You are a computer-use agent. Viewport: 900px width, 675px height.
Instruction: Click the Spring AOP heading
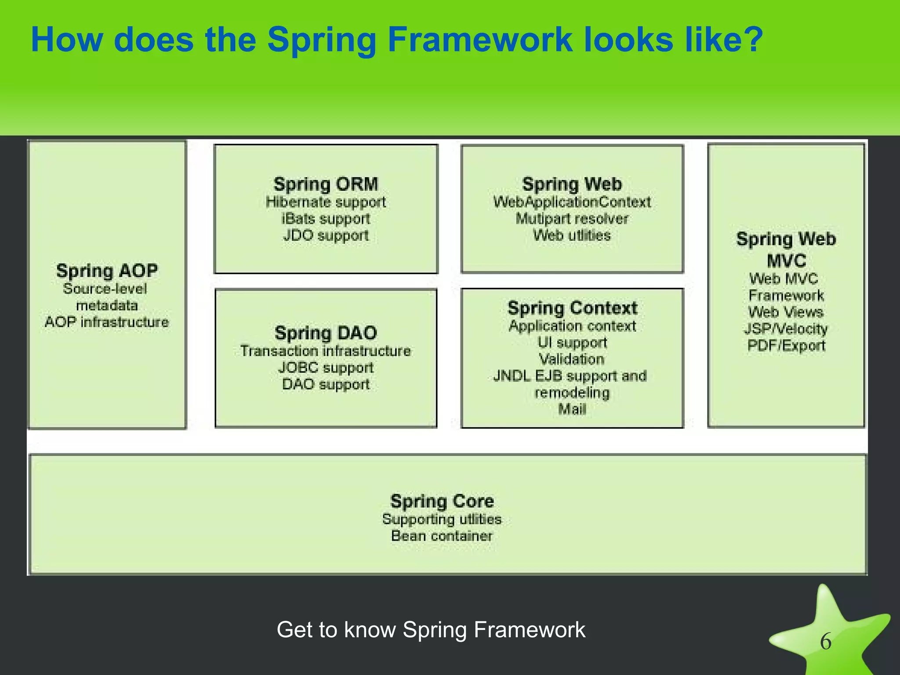(107, 271)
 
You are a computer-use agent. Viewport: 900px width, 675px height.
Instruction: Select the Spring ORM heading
(326, 184)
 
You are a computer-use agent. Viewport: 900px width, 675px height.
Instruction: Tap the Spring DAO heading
(326, 333)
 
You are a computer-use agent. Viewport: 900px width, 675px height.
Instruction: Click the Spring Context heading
(572, 308)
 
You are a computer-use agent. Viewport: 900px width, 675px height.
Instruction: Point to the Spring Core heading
(442, 501)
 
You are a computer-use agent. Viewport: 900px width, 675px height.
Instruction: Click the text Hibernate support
(326, 202)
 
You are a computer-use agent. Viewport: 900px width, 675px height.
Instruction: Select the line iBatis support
(326, 219)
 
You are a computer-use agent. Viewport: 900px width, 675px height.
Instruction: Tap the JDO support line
(326, 236)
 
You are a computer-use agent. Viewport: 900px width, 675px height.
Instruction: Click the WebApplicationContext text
(572, 202)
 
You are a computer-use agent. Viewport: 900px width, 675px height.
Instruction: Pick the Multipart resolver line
(572, 219)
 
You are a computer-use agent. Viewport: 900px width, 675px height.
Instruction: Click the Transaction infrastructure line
(326, 351)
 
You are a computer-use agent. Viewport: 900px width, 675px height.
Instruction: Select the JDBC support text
(326, 368)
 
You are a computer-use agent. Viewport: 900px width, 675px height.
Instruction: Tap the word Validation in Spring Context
(572, 359)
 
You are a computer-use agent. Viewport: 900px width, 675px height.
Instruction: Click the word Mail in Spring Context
(572, 410)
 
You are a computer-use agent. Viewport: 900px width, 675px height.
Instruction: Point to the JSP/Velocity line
(786, 329)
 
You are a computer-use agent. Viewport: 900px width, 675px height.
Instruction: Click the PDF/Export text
(786, 345)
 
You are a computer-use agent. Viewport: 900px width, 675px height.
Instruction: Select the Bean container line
(442, 536)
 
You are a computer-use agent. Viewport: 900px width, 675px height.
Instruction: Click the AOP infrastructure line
(107, 322)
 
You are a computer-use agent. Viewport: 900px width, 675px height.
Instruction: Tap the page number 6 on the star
(826, 642)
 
